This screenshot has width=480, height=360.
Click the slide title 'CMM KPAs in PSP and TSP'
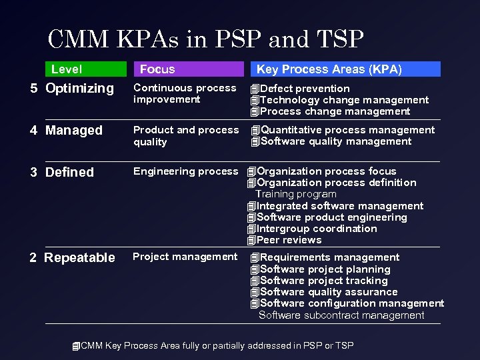(206, 39)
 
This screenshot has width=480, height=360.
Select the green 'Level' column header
(67, 69)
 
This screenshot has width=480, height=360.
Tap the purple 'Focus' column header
(157, 69)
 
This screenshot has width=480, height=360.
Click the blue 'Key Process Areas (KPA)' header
(329, 69)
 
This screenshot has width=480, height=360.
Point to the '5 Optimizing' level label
(72, 89)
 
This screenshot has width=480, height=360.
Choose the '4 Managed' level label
(66, 131)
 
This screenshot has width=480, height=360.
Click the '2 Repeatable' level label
(72, 258)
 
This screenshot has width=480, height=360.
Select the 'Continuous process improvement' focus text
(185, 94)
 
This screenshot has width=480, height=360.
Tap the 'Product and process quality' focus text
(185, 136)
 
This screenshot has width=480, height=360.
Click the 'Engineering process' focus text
(185, 172)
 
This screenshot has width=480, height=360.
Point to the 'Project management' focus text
(185, 257)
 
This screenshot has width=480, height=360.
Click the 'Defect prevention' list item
(305, 89)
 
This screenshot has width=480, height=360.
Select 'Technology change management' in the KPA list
(344, 100)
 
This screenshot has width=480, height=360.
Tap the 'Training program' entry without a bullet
(296, 194)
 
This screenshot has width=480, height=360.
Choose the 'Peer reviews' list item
(289, 240)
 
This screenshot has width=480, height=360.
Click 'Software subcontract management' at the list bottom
(341, 315)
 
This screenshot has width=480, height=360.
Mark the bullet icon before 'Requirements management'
(254, 258)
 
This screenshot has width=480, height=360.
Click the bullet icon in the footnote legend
(76, 346)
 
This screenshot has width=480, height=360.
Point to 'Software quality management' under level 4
(335, 141)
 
